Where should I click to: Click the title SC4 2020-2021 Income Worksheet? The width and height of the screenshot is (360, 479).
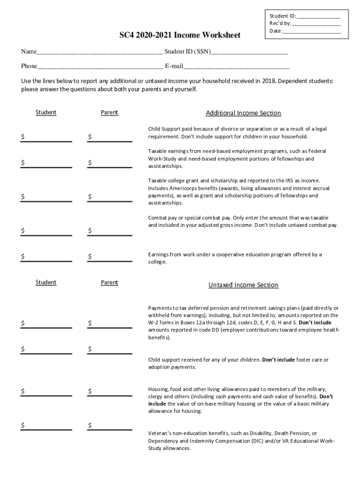[x=180, y=36]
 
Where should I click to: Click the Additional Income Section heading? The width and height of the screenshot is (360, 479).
[x=243, y=113]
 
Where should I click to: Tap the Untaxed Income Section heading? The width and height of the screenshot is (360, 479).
[x=243, y=285]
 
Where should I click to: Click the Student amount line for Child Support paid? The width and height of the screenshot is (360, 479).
[x=49, y=138]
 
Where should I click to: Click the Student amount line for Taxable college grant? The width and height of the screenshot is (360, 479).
[x=49, y=197]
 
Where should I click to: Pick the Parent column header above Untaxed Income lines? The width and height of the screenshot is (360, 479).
[x=109, y=283]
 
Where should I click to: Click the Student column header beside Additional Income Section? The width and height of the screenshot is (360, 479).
[x=46, y=112]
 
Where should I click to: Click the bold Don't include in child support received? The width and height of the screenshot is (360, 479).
[x=278, y=360]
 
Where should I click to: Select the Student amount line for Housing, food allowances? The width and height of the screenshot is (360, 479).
[x=49, y=392]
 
